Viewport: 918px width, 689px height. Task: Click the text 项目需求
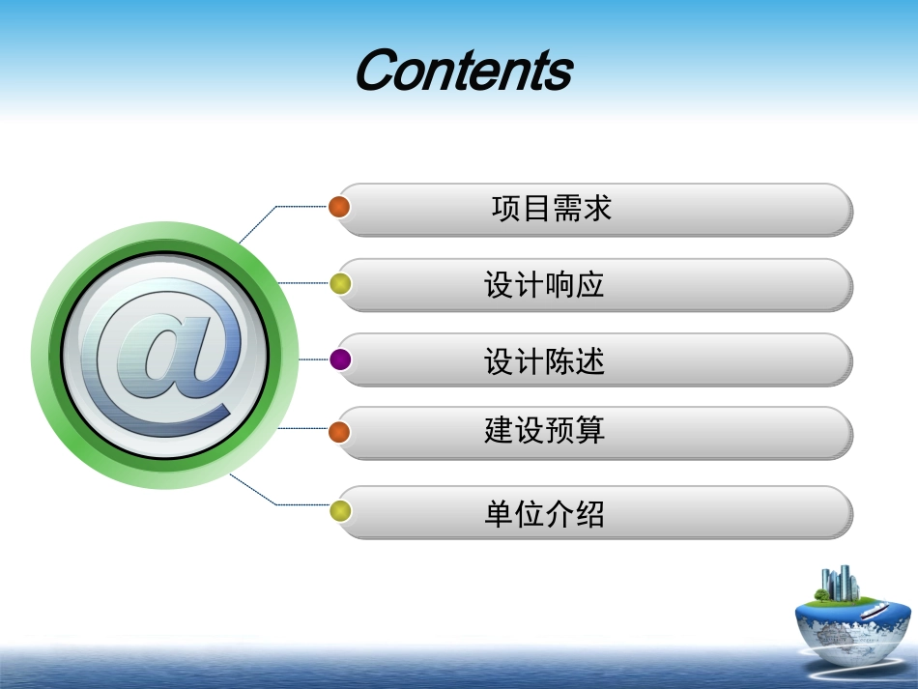click(551, 209)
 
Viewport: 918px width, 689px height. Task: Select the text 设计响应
click(544, 284)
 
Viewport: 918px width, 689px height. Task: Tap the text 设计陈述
click(544, 361)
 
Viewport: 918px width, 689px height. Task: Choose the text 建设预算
click(544, 431)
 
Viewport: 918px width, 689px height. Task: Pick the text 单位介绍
click(544, 512)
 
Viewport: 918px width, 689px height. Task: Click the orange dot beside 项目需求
click(339, 207)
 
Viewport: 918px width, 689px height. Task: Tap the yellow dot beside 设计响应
click(339, 284)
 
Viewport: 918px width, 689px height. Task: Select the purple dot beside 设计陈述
click(339, 360)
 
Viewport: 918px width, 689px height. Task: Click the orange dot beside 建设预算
click(339, 431)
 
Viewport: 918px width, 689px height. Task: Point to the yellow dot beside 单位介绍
click(339, 511)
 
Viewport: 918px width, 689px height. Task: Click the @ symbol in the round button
click(161, 357)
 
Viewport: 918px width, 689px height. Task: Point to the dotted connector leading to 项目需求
click(290, 207)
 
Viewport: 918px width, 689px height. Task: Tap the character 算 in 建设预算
click(590, 431)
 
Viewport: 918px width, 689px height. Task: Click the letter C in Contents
click(380, 71)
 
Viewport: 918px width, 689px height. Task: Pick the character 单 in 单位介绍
click(499, 512)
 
